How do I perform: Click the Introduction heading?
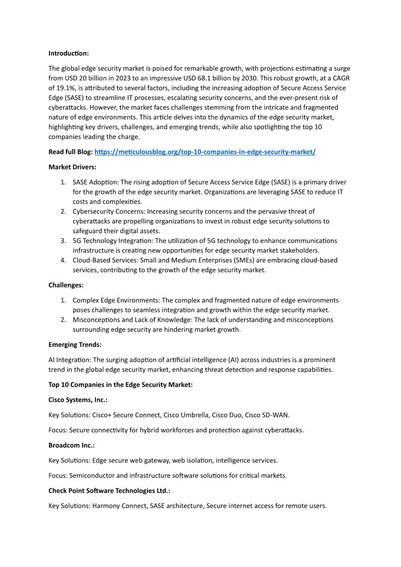[68, 53]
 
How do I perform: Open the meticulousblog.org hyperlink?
[205, 152]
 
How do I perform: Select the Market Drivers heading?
[72, 167]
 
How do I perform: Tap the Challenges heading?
[66, 285]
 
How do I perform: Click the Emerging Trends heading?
[75, 345]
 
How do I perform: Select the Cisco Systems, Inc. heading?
[78, 400]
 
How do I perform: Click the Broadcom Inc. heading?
[72, 445]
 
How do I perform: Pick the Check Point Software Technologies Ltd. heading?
[109, 491]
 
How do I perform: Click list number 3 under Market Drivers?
[63, 241]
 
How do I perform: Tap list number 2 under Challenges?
[63, 320]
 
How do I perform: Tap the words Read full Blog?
[70, 152]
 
